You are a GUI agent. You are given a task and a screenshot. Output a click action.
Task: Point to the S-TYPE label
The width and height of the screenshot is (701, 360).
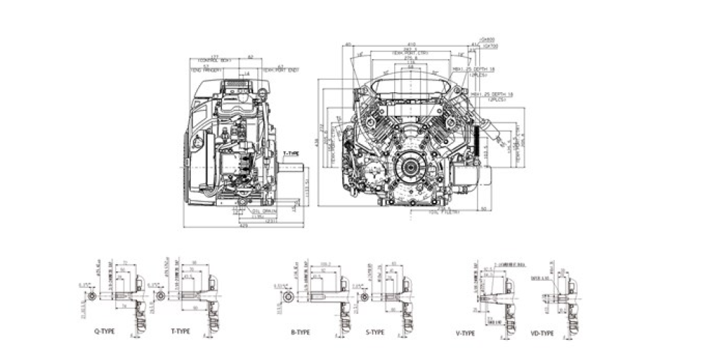(x=375, y=333)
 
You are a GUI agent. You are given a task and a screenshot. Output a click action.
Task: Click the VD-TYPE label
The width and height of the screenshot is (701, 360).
(x=541, y=333)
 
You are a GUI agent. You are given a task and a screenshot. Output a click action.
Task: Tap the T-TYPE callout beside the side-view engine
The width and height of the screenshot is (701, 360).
(x=292, y=153)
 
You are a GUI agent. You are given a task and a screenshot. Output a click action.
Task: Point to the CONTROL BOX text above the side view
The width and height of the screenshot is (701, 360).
(x=213, y=59)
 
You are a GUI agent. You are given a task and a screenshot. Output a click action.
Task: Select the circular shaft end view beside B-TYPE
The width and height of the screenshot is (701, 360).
(x=287, y=297)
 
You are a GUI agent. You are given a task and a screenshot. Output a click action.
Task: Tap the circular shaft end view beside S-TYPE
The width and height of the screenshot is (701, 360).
(x=365, y=297)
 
